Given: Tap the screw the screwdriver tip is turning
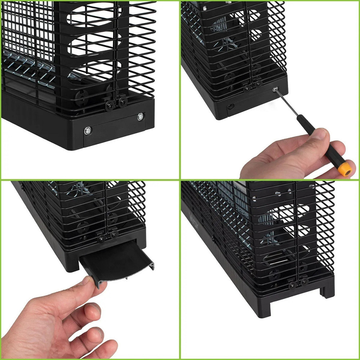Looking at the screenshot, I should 275,89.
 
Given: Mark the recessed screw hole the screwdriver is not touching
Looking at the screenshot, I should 230,106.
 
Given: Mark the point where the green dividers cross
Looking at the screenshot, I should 180,180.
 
